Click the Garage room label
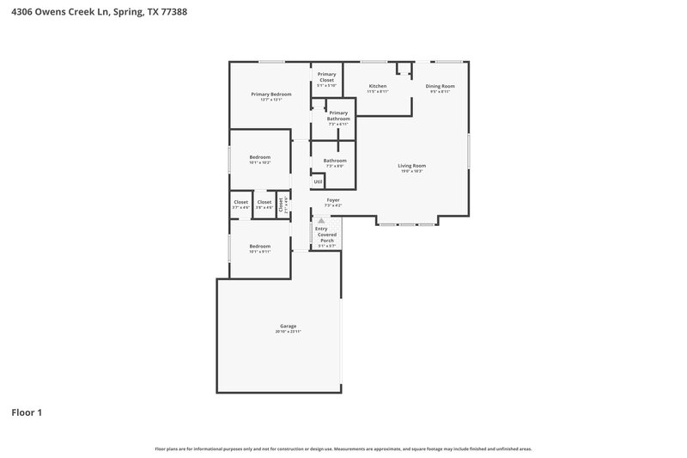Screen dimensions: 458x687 point(288,326)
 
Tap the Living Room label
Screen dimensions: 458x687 point(411,165)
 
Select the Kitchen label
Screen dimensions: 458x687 point(378,86)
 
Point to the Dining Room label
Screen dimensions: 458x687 point(440,86)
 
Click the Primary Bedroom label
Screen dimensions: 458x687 point(271,94)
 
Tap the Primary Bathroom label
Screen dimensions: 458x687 point(338,116)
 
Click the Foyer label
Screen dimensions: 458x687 point(332,199)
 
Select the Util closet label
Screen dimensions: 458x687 point(318,181)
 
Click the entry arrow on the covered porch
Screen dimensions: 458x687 point(322,221)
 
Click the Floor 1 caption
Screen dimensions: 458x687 point(27,412)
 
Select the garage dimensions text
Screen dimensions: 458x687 point(288,331)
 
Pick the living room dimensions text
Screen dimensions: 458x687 point(411,171)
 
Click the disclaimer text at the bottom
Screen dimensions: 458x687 point(343,449)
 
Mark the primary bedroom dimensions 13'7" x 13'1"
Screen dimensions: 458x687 point(271,100)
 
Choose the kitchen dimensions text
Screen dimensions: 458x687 point(378,91)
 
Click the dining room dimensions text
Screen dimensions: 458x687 point(440,91)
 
